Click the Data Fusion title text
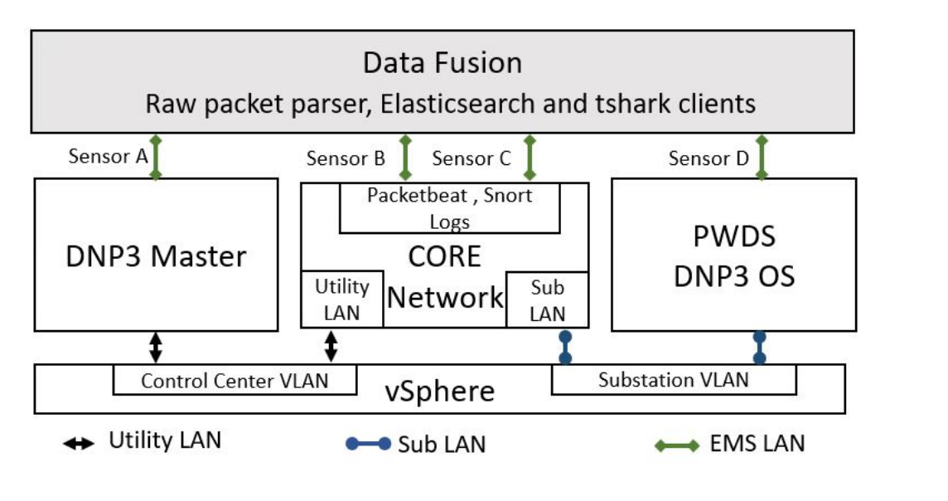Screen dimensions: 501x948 [x=443, y=63]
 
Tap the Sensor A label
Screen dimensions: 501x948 [x=108, y=156]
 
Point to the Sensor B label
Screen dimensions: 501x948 [x=346, y=158]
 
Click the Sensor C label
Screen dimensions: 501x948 [x=472, y=158]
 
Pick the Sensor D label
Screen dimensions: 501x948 [x=709, y=158]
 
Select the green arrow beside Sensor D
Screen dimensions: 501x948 [x=762, y=157]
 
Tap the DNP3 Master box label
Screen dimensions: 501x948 [x=156, y=255]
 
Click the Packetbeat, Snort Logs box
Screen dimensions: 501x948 [x=449, y=207]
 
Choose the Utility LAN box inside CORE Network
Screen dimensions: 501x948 [x=341, y=299]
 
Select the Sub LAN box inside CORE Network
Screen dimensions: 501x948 [x=547, y=299]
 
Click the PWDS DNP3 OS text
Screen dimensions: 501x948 [x=733, y=255]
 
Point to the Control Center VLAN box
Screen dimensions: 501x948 [x=235, y=381]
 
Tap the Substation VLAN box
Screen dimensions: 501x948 [x=673, y=380]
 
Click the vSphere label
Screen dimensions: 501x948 [x=440, y=391]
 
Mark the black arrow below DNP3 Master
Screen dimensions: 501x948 [x=155, y=346]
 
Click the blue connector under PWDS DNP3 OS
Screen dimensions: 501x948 [x=759, y=348]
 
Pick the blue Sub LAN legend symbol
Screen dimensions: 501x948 [x=368, y=444]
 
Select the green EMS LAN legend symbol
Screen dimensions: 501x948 [x=676, y=445]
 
